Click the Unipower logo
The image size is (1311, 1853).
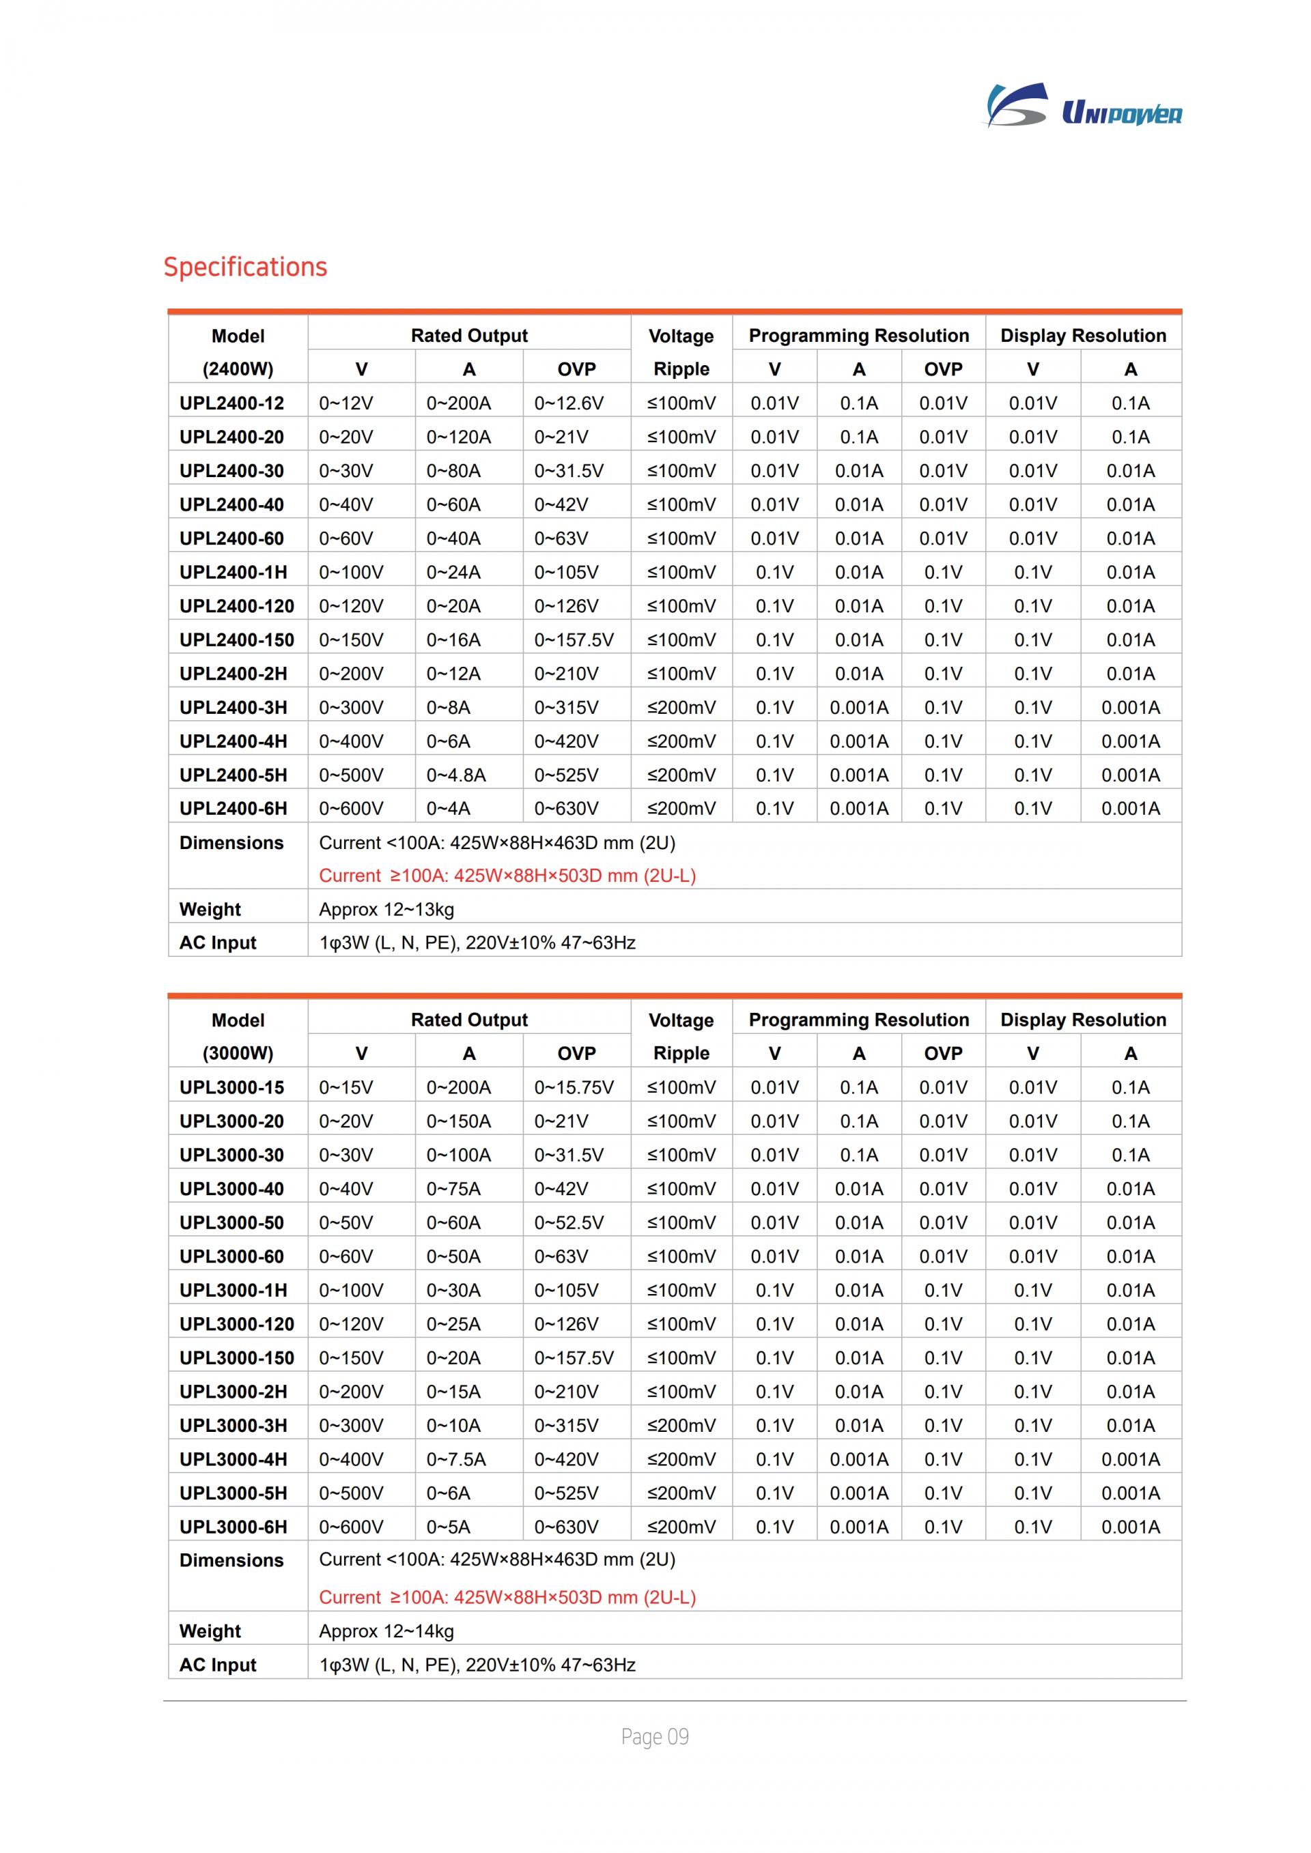pyautogui.click(x=1084, y=106)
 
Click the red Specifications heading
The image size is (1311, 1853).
pyautogui.click(x=245, y=267)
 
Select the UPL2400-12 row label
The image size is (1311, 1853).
pyautogui.click(x=231, y=403)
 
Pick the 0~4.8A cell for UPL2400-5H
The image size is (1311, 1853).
pyautogui.click(x=456, y=775)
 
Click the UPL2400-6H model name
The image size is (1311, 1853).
pyautogui.click(x=234, y=809)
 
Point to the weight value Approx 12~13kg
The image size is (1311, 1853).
pyautogui.click(x=386, y=910)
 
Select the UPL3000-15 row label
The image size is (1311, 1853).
pyautogui.click(x=231, y=1088)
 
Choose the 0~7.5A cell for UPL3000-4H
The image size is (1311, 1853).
pyautogui.click(x=456, y=1459)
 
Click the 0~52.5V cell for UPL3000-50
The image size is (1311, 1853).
pyautogui.click(x=568, y=1222)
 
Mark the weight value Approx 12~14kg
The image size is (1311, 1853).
pyautogui.click(x=386, y=1631)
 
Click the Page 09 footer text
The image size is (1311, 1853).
pyautogui.click(x=655, y=1737)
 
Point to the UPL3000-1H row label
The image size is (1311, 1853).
pyautogui.click(x=234, y=1291)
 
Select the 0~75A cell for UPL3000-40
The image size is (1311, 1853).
pyautogui.click(x=453, y=1189)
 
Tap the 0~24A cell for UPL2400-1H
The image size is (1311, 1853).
pyautogui.click(x=453, y=572)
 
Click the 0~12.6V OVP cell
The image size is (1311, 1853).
pyautogui.click(x=568, y=403)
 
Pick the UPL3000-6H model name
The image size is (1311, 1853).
pyautogui.click(x=234, y=1527)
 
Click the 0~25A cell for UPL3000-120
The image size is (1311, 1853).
pyautogui.click(x=453, y=1324)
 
